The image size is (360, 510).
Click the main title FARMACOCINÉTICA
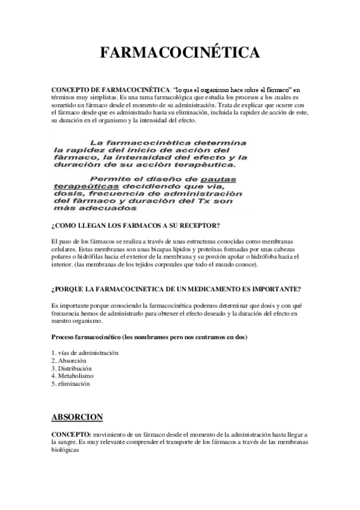click(x=180, y=53)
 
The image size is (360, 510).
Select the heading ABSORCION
click(x=77, y=416)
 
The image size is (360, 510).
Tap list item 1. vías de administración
click(x=85, y=352)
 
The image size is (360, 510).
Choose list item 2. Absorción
click(x=69, y=360)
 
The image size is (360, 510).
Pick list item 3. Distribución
click(x=72, y=368)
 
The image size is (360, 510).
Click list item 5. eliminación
click(x=71, y=383)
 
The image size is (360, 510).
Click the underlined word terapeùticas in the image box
click(x=81, y=186)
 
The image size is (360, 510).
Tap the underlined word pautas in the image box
click(x=218, y=179)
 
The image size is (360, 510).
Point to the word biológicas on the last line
click(x=66, y=449)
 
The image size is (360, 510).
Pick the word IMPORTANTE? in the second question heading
click(x=275, y=288)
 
